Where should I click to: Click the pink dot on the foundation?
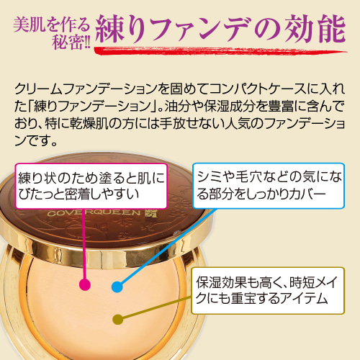pos(85,285)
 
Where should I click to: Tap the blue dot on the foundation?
pos(117,287)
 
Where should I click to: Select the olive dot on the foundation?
pos(118,320)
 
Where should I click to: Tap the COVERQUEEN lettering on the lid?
pos(94,212)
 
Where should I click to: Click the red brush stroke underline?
pos(220,51)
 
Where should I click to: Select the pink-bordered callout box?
pos(91,186)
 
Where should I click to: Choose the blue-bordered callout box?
pos(269,186)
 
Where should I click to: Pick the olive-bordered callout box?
pos(268,291)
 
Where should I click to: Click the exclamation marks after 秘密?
pos(86,43)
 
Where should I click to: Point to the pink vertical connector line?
pos(84,244)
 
